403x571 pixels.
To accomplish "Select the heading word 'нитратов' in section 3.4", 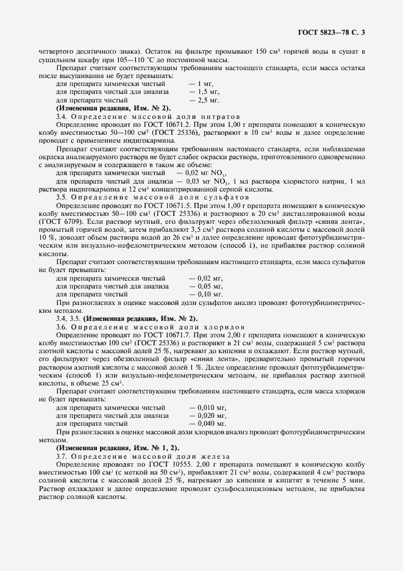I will pos(206,116).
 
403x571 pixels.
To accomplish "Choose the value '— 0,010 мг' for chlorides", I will pos(208,406).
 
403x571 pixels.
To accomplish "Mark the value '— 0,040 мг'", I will pos(208,423).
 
